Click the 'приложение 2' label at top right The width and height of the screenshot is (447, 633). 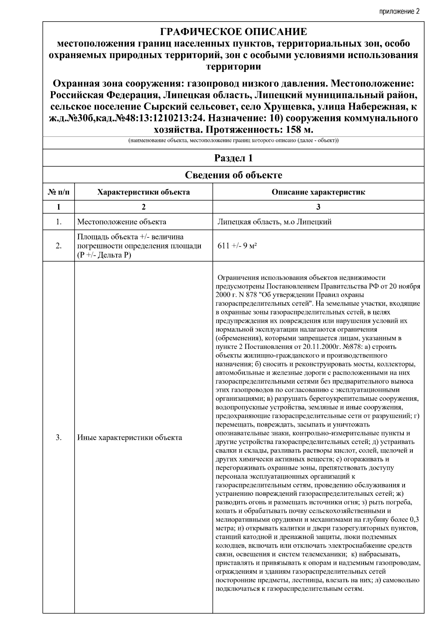pyautogui.click(x=399, y=11)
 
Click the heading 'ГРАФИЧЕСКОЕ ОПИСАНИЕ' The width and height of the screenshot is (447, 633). pyautogui.click(x=233, y=31)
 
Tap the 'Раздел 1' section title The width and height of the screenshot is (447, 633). pyautogui.click(x=233, y=158)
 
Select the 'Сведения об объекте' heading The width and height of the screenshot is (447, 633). pyautogui.click(x=233, y=175)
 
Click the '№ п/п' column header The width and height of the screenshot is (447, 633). pyautogui.click(x=58, y=192)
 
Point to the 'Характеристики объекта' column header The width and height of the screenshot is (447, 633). pyautogui.click(x=143, y=192)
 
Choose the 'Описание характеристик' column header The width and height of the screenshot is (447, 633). pyautogui.click(x=318, y=192)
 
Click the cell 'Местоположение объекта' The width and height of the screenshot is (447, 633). pyautogui.click(x=122, y=222)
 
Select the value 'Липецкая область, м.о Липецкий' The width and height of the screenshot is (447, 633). pyautogui.click(x=275, y=222)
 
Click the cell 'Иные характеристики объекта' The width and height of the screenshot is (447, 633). pyautogui.click(x=130, y=438)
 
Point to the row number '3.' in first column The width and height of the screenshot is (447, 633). pyautogui.click(x=58, y=438)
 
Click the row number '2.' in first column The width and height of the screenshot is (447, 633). pyautogui.click(x=58, y=246)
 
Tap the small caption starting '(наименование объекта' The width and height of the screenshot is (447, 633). pyautogui.click(x=233, y=141)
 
